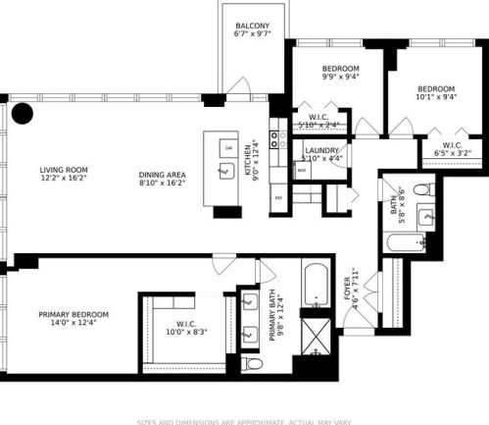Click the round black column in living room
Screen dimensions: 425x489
pos(22,113)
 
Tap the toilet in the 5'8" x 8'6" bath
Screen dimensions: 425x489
pos(418,188)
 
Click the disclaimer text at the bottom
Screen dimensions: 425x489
pos(244,419)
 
